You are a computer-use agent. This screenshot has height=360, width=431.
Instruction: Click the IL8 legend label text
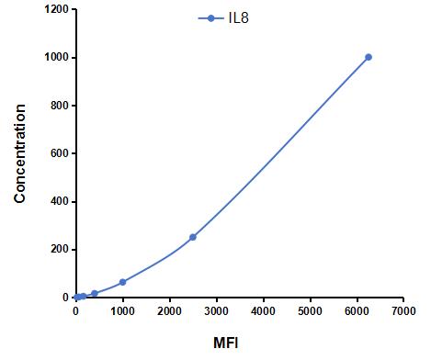click(x=238, y=17)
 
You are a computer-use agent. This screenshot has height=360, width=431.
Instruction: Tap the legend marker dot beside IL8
click(x=210, y=17)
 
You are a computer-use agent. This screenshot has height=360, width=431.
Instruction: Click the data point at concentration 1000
click(x=369, y=57)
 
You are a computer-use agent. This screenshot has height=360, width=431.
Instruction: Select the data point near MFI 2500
click(x=193, y=237)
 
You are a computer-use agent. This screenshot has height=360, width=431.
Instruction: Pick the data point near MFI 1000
click(x=122, y=282)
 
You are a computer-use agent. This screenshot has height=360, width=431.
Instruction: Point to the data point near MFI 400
click(x=95, y=293)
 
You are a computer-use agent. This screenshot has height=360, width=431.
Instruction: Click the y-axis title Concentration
click(x=19, y=153)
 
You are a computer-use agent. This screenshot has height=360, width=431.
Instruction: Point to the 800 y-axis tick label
click(x=60, y=106)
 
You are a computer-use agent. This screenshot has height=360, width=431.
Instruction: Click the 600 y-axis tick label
click(x=60, y=153)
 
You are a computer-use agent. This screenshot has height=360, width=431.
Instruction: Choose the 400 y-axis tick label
click(x=60, y=201)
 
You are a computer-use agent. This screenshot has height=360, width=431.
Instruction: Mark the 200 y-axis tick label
click(x=60, y=250)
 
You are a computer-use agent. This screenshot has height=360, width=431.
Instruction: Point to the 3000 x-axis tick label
click(x=216, y=312)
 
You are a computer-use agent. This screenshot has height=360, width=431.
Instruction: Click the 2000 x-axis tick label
click(x=169, y=312)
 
